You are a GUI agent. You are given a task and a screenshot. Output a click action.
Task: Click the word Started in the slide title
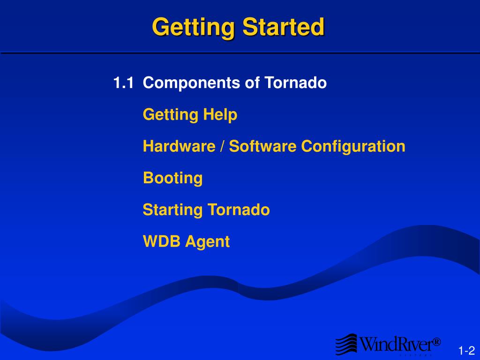[283, 27]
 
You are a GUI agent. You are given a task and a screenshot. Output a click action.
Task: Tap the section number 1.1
[123, 83]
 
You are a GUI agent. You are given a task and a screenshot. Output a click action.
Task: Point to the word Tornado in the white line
[296, 83]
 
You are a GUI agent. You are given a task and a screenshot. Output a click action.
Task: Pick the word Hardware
[179, 146]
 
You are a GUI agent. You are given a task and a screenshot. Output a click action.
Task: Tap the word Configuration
[353, 146]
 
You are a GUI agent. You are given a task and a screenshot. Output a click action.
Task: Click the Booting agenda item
[172, 179]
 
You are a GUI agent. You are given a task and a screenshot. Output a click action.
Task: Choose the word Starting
[172, 210]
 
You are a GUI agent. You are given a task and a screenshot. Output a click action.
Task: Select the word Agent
[208, 242]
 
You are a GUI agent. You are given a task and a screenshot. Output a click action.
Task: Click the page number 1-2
[466, 351]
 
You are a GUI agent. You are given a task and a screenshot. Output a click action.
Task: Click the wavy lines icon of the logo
[346, 344]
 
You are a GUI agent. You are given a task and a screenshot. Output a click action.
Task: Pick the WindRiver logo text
[395, 345]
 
